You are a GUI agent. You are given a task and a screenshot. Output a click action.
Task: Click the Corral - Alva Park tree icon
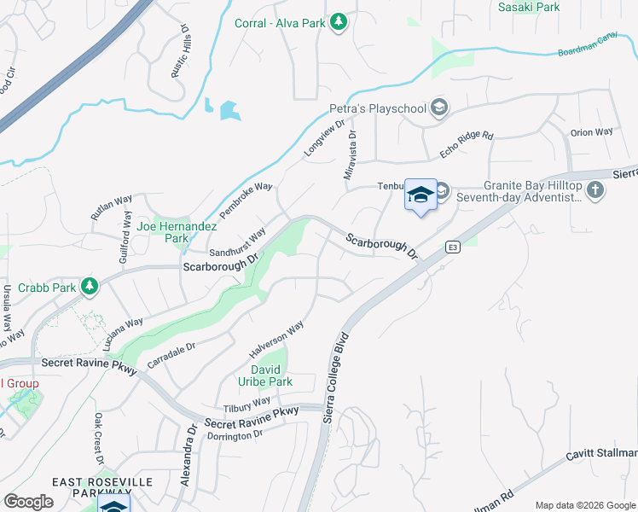click(339, 22)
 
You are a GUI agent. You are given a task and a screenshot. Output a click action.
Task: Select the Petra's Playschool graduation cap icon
click(438, 108)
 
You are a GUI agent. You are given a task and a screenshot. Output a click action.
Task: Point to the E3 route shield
click(453, 247)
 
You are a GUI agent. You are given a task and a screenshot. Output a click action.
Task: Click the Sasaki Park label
click(530, 7)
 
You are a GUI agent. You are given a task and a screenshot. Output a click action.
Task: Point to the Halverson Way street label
click(276, 339)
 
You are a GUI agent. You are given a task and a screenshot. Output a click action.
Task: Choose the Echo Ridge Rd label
click(467, 143)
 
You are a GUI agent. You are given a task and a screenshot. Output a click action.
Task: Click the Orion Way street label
click(592, 132)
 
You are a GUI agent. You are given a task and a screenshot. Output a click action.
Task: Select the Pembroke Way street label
click(246, 199)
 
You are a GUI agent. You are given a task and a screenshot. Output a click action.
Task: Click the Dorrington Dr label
click(233, 435)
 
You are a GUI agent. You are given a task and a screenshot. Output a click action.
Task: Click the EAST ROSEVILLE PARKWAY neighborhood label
click(102, 488)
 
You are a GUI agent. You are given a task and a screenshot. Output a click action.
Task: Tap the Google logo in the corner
click(28, 502)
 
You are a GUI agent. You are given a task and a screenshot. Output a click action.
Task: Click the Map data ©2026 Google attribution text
click(584, 504)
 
